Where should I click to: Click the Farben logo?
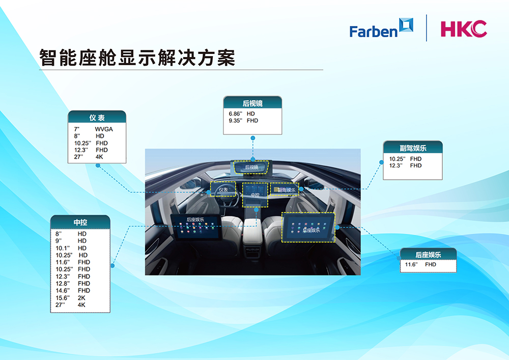click(381, 28)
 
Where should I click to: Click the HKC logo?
click(464, 29)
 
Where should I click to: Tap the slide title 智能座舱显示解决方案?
click(137, 58)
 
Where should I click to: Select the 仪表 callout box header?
click(97, 117)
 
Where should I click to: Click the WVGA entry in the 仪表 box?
click(104, 129)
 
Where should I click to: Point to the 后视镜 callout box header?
click(252, 102)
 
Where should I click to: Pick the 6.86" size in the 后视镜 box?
click(235, 114)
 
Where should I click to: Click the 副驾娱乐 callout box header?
click(413, 147)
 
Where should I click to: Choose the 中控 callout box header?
click(80, 222)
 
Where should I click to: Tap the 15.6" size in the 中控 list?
click(62, 298)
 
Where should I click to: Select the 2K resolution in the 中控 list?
click(81, 298)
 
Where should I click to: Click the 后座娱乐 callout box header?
click(428, 254)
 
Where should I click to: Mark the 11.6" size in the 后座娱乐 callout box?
click(411, 265)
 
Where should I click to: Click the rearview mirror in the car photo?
click(251, 167)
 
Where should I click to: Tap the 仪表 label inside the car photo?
click(223, 189)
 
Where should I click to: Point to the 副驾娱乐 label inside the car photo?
click(286, 190)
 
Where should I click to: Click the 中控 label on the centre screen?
click(255, 195)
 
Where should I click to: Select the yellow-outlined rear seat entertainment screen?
click(308, 227)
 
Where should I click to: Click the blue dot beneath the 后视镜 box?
click(253, 138)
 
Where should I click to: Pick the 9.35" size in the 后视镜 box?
click(235, 121)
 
